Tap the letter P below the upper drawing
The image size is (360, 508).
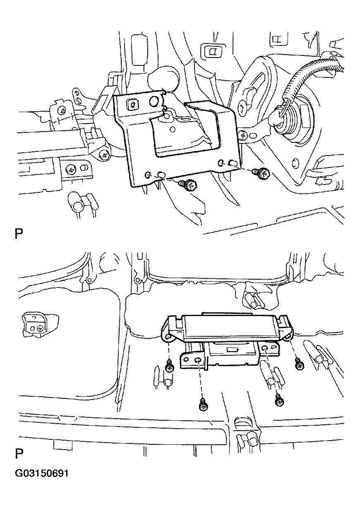(x=19, y=234)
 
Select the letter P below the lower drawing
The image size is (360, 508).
(x=19, y=453)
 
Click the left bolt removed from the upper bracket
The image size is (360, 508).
(x=188, y=185)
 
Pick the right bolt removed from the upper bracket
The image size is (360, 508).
(x=262, y=174)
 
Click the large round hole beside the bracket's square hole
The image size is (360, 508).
(x=154, y=101)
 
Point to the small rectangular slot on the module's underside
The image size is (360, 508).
(x=232, y=350)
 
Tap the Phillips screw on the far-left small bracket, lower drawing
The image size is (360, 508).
(x=41, y=328)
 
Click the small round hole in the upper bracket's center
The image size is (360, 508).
(x=173, y=129)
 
